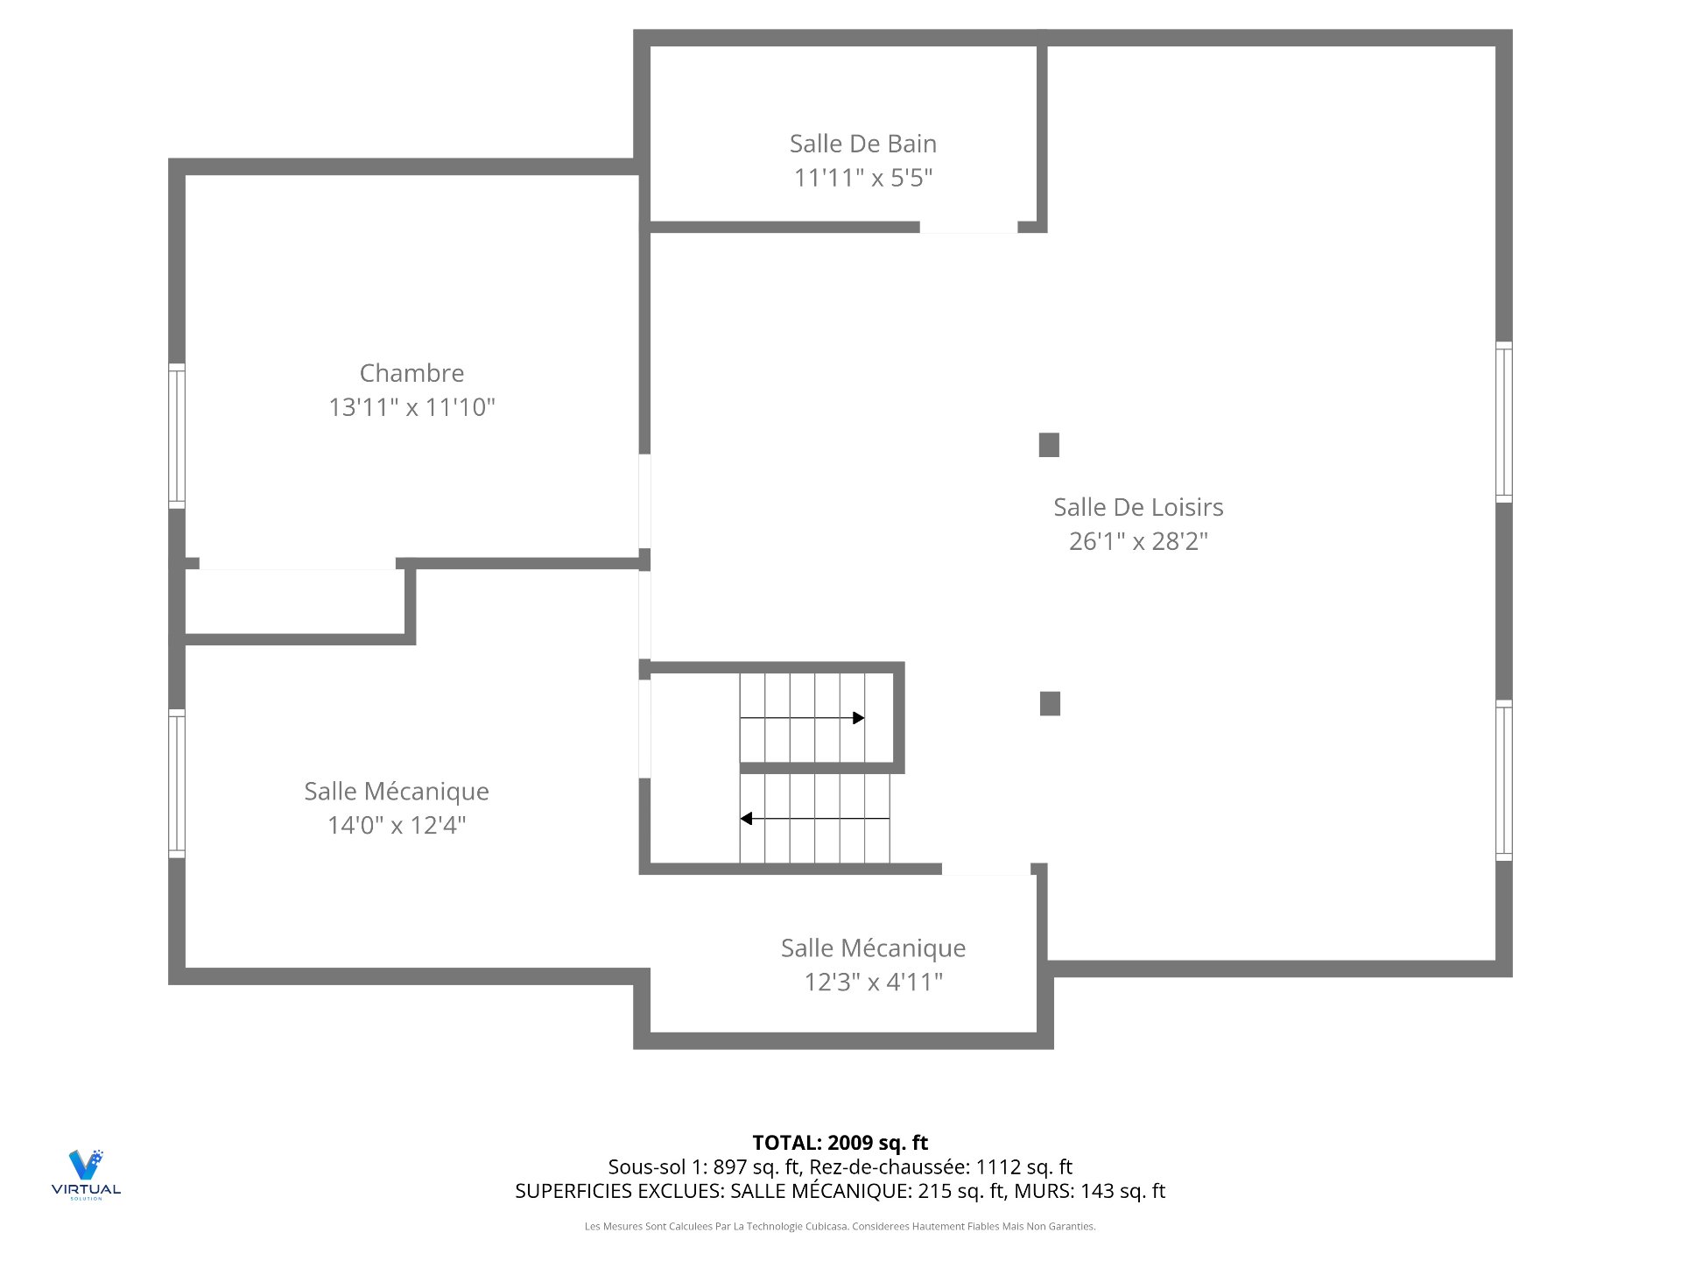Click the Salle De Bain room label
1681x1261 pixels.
click(x=862, y=144)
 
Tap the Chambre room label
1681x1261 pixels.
click(x=411, y=373)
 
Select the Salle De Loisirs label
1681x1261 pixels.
click(x=1138, y=507)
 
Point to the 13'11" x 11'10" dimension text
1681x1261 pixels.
click(x=411, y=407)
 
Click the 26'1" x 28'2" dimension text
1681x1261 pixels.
click(x=1138, y=541)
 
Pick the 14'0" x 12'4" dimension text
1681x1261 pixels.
click(x=397, y=825)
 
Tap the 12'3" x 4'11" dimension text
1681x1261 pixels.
click(x=873, y=982)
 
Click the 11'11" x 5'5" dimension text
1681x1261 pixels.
click(x=862, y=178)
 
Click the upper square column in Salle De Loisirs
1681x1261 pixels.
click(x=1049, y=445)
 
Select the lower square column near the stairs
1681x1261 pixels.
click(x=1050, y=703)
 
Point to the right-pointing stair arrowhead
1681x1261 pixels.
click(x=859, y=718)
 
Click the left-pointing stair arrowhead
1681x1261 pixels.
click(x=746, y=819)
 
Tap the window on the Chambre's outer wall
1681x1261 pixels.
click(x=177, y=435)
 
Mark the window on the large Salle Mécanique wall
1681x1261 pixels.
click(x=177, y=783)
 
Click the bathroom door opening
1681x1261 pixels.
click(x=968, y=228)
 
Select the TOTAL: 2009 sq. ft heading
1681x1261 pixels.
click(x=840, y=1142)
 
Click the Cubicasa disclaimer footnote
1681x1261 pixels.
click(x=840, y=1226)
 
